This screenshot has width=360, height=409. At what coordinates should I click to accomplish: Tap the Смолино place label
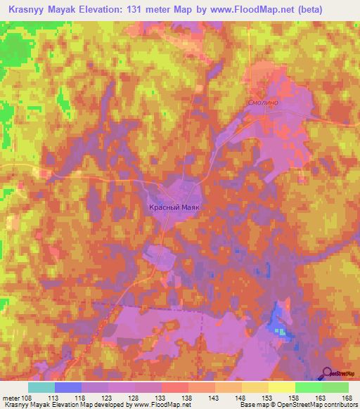coord(264,103)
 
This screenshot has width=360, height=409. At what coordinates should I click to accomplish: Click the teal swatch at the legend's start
coord(41,387)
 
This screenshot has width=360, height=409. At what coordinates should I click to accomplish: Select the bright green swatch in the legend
coord(308,387)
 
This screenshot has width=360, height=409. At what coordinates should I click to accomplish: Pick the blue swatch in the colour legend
coord(68,387)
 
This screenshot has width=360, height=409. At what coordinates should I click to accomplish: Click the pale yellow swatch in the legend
coord(281,387)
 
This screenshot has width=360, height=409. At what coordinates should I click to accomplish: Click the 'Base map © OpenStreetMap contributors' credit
coord(296,405)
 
